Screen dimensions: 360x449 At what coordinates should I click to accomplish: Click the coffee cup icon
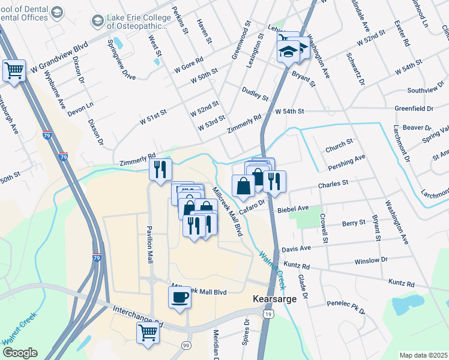(179, 297)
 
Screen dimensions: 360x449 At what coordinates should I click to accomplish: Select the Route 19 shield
(268, 314)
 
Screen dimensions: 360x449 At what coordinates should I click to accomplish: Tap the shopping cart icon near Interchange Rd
(147, 332)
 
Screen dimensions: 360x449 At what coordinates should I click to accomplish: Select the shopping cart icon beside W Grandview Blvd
(14, 70)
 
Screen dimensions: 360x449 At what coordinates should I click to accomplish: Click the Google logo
(20, 352)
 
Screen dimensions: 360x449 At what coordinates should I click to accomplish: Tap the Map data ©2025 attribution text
(423, 355)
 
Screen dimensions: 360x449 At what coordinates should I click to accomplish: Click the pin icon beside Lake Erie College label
(97, 22)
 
